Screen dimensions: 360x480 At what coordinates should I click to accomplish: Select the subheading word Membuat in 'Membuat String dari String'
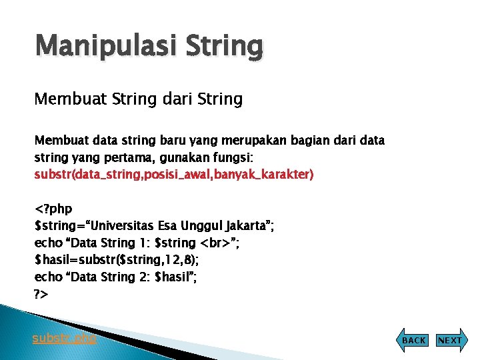click(65, 99)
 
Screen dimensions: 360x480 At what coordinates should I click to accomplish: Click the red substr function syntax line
click(174, 174)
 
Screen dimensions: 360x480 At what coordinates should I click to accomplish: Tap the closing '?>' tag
click(41, 293)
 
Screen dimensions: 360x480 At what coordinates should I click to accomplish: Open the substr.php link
click(64, 338)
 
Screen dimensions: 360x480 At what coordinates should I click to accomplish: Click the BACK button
click(413, 340)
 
